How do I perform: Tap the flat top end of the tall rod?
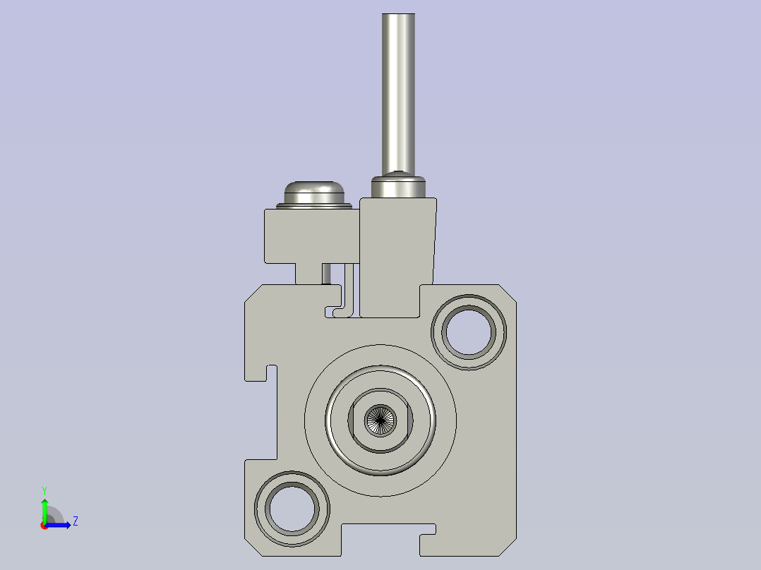pyautogui.click(x=397, y=15)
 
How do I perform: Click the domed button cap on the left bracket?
pyautogui.click(x=313, y=191)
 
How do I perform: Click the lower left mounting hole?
pyautogui.click(x=292, y=508)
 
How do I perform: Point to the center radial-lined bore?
pyautogui.click(x=380, y=420)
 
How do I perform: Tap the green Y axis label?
pyautogui.click(x=44, y=490)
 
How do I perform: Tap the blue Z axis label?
pyautogui.click(x=75, y=521)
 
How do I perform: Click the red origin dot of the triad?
pyautogui.click(x=44, y=526)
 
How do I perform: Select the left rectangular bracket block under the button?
pyautogui.click(x=308, y=236)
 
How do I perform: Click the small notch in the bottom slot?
pyautogui.click(x=428, y=530)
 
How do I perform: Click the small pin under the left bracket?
pyautogui.click(x=326, y=273)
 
